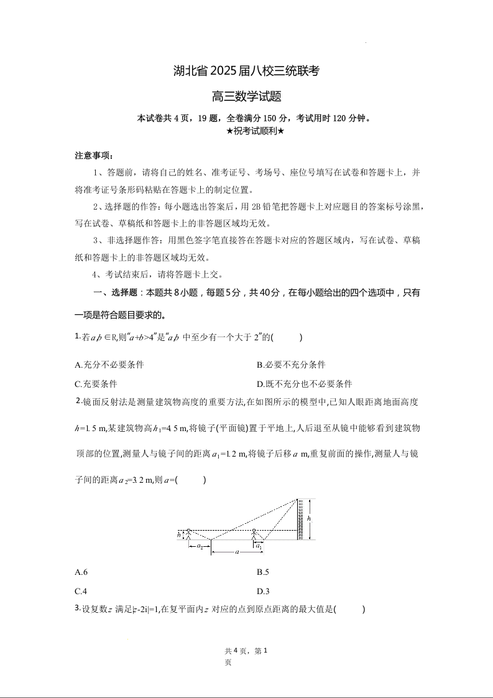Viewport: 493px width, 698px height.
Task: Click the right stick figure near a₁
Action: (x=254, y=534)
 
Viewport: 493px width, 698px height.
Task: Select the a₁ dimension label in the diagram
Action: (x=259, y=546)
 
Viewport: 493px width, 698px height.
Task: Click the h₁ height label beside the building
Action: (x=310, y=518)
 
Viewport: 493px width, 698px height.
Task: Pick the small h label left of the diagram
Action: (x=179, y=534)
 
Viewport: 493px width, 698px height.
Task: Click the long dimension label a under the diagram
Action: (x=237, y=551)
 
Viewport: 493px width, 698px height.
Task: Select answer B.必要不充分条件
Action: (x=291, y=365)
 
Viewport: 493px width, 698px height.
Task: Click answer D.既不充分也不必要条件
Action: (x=304, y=384)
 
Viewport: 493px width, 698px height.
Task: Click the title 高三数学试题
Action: (x=247, y=96)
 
